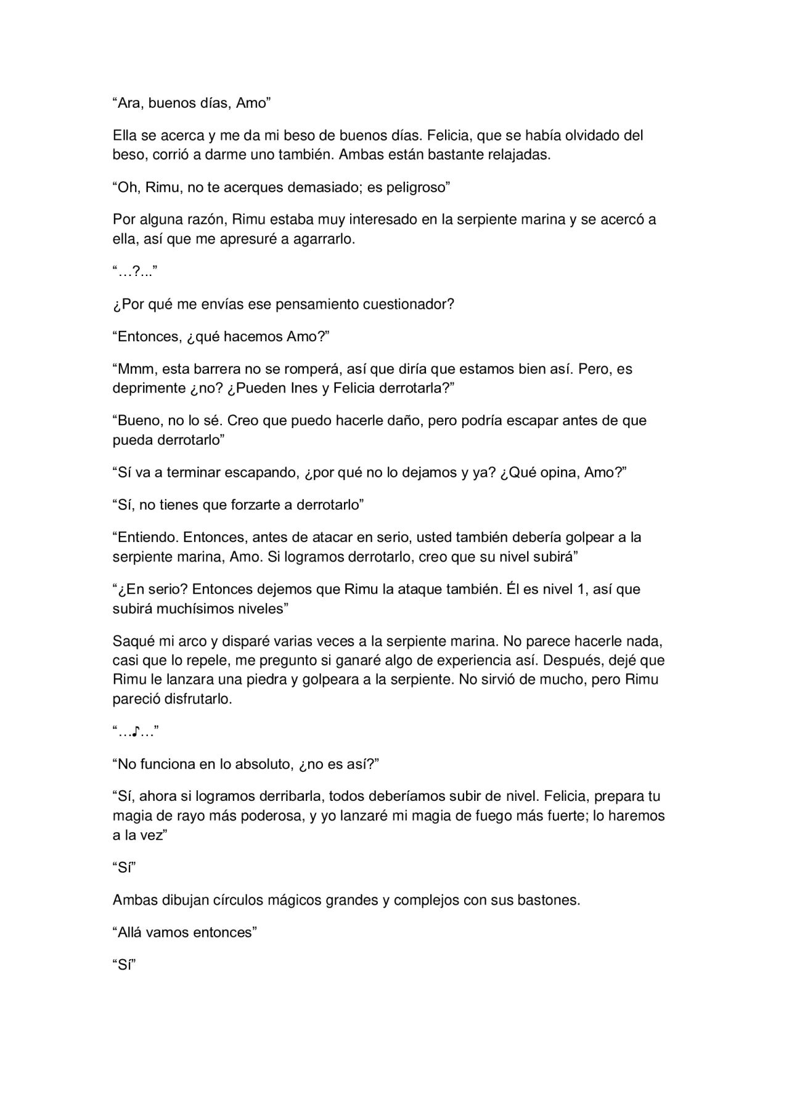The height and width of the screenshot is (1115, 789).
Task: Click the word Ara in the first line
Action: click(128, 103)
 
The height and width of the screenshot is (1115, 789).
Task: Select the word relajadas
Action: click(519, 155)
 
